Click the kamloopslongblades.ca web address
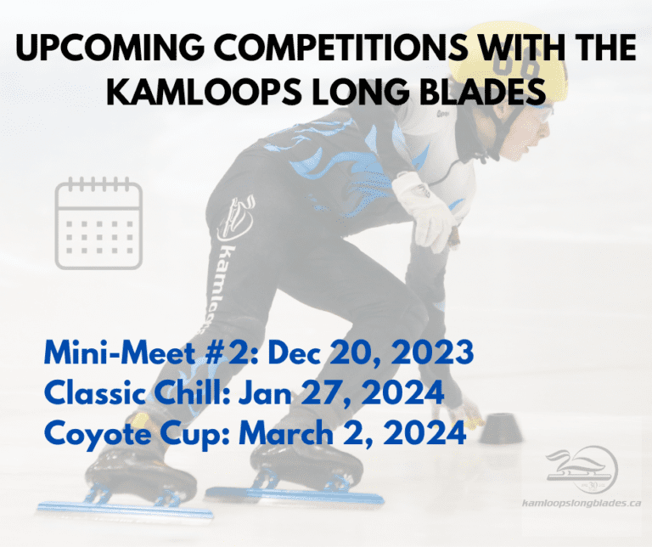click(580, 503)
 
